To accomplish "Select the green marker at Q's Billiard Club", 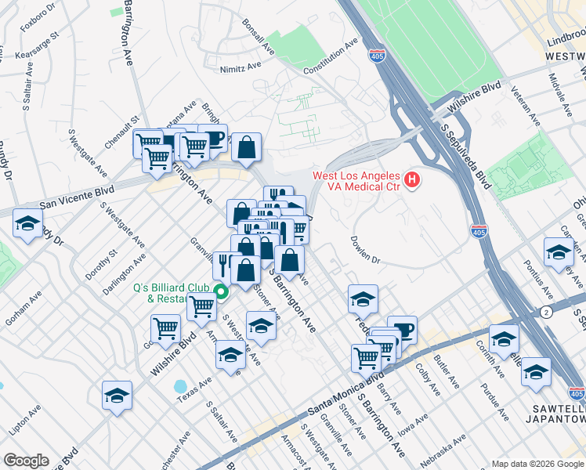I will pyautogui.click(x=221, y=294).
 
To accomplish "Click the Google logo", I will pyautogui.click(x=26, y=460).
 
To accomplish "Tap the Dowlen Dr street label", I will pyautogui.click(x=364, y=250).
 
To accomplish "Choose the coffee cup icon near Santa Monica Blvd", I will pyautogui.click(x=402, y=328).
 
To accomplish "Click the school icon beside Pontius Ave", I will pyautogui.click(x=559, y=252).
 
